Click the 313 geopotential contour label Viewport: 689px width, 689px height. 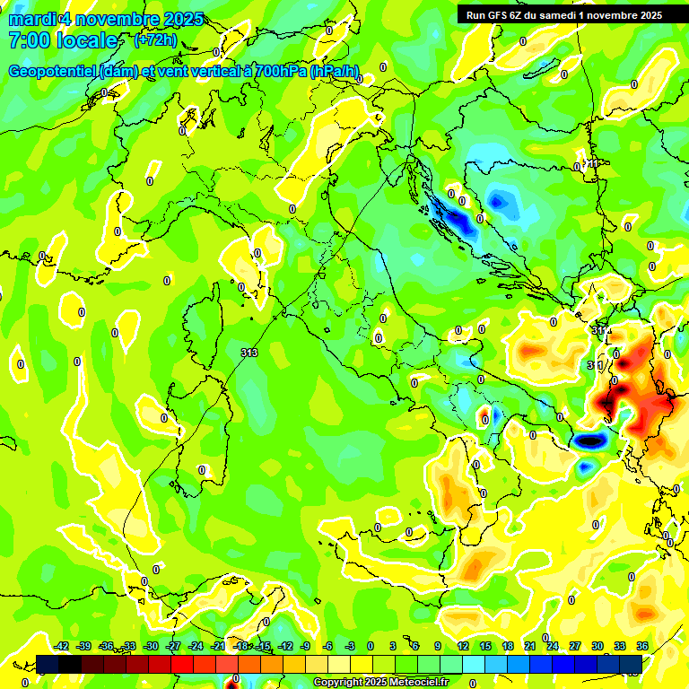coord(249,353)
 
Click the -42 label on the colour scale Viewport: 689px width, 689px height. coord(62,646)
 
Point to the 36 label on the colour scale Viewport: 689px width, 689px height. coord(642,646)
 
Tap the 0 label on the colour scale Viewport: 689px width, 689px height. coord(371,646)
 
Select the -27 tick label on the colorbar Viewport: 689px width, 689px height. coord(173,646)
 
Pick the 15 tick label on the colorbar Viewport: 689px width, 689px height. coord(485,646)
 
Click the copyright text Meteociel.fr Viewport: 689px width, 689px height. coord(380,683)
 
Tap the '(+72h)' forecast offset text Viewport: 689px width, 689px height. coord(155,40)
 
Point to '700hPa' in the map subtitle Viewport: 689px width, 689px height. coord(276,72)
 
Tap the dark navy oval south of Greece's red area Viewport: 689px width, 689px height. coord(589,440)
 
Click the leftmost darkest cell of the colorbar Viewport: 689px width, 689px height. coord(48,663)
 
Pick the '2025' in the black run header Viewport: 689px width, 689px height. coord(647,15)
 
